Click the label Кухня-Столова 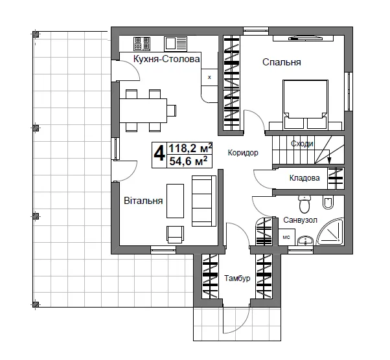(x=166, y=59)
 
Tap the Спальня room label (x=282, y=62)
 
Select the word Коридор (x=243, y=152)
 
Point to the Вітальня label (x=143, y=201)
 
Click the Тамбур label (x=237, y=278)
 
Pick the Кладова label (x=304, y=178)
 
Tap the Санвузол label (x=300, y=220)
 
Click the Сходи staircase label (x=302, y=144)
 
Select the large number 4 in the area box (x=159, y=154)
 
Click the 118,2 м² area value (x=190, y=148)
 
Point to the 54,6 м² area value (x=189, y=161)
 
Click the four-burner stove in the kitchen (x=142, y=44)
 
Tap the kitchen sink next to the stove (x=176, y=44)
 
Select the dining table (x=143, y=110)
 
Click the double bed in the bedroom (x=305, y=104)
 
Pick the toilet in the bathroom (x=304, y=203)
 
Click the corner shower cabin (x=330, y=231)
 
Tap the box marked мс (x=286, y=237)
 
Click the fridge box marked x (x=209, y=77)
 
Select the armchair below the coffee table (x=176, y=234)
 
